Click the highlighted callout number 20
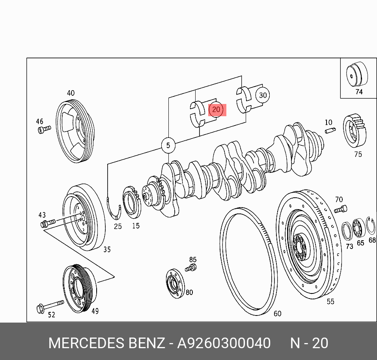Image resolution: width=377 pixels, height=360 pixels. [216, 109]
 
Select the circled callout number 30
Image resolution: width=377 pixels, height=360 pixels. [263, 95]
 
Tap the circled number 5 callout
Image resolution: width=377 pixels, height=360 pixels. [168, 145]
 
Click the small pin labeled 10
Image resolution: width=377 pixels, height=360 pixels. [330, 131]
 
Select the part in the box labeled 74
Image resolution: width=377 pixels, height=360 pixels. [356, 75]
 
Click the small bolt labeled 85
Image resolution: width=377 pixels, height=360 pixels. [191, 268]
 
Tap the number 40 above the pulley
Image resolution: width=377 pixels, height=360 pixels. [71, 93]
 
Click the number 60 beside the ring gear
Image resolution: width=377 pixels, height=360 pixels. [278, 314]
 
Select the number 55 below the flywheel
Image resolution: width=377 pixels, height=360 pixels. [330, 301]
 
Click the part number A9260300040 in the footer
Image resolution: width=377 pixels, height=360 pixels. [224, 343]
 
